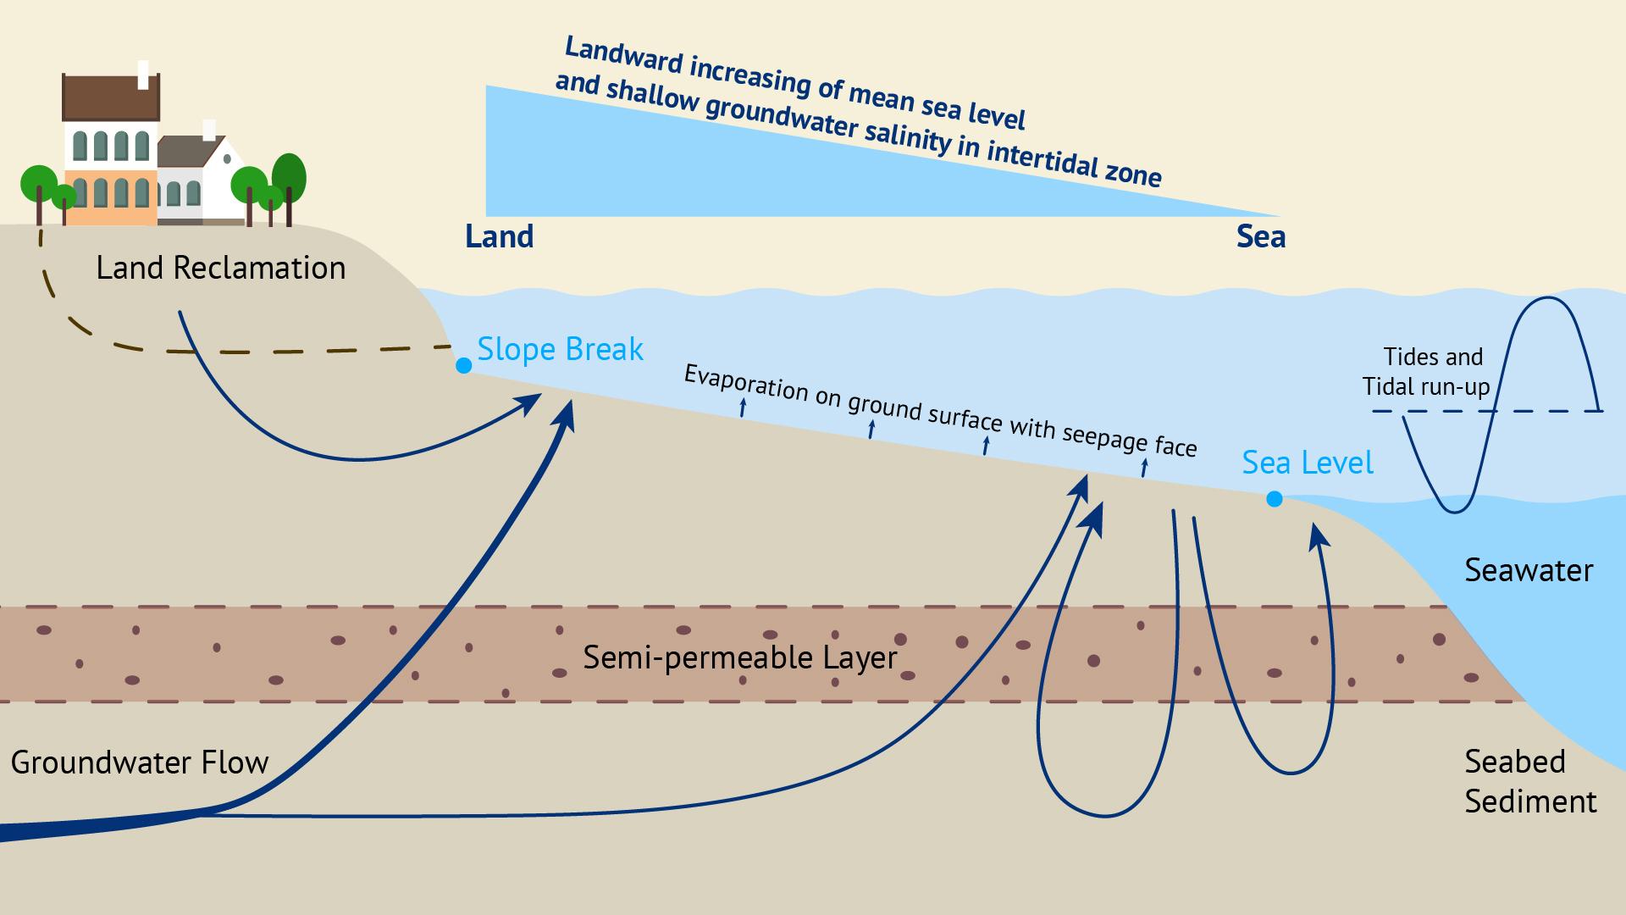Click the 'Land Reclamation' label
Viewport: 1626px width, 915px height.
[221, 269]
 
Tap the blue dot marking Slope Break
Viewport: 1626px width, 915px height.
[463, 365]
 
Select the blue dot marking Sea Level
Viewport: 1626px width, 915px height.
[1274, 499]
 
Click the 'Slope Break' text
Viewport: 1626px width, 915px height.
[560, 349]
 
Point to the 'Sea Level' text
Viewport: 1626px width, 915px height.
[1308, 463]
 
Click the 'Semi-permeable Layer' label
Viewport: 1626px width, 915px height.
[739, 657]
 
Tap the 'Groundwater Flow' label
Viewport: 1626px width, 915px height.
[140, 762]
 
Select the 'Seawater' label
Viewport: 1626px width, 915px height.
[1529, 570]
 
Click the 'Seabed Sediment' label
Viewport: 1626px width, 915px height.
[1529, 781]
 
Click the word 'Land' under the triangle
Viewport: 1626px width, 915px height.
[499, 236]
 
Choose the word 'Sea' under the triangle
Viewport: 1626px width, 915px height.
[1260, 236]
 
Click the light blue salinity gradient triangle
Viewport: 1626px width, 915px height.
[677, 169]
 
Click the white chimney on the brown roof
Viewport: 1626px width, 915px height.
[143, 74]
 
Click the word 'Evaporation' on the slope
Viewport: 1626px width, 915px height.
[745, 382]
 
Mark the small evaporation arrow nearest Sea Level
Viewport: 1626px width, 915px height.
[1144, 467]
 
